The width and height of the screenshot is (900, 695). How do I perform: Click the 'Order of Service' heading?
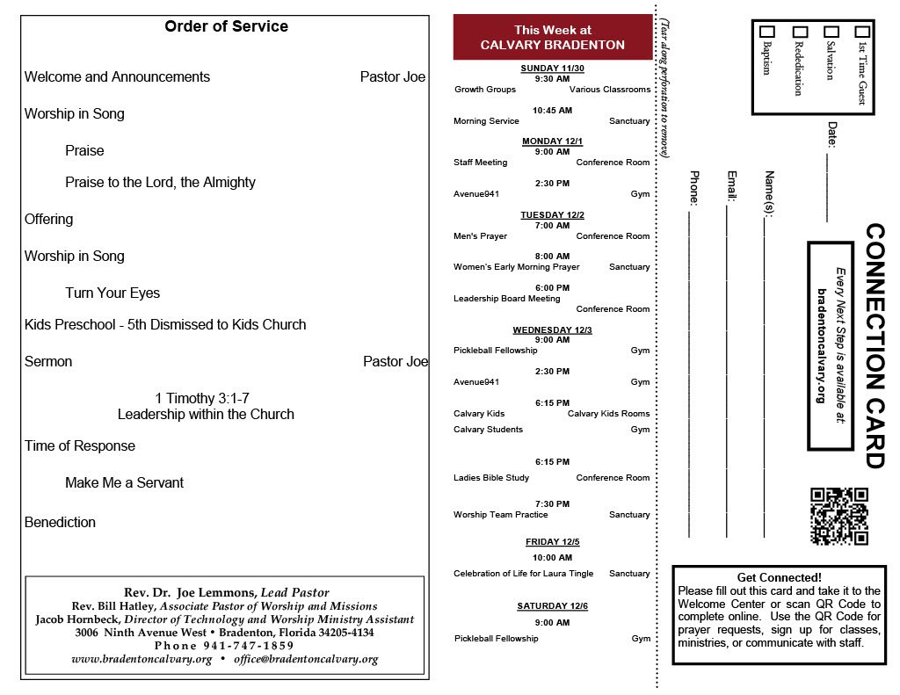pos(226,26)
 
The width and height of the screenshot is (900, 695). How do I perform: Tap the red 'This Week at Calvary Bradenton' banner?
pos(553,38)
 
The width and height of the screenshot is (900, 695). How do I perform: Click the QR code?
pos(839,516)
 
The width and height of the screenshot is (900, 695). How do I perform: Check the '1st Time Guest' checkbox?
pos(862,32)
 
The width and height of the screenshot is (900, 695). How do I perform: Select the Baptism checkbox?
pos(766,32)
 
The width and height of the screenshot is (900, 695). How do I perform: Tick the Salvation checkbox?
pos(831,32)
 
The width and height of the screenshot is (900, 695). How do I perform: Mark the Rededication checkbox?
pos(799,32)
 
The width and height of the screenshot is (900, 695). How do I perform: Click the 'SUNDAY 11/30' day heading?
pos(552,68)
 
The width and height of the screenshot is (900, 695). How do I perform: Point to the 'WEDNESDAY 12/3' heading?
pos(552,330)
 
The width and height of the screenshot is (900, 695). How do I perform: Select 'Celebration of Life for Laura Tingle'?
pos(523,574)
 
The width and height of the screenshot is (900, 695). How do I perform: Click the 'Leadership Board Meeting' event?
pos(506,299)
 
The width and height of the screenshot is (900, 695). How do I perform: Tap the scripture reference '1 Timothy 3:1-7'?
pos(207,398)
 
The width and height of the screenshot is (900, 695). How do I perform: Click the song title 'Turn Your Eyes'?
pos(112,293)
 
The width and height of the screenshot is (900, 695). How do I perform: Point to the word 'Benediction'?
pos(60,522)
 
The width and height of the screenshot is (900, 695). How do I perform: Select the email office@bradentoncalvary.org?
pos(306,659)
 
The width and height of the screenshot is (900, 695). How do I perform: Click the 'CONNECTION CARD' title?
pos(875,345)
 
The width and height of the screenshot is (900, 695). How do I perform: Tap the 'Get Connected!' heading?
pos(779,577)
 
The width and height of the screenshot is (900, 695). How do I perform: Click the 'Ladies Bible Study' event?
pos(491,478)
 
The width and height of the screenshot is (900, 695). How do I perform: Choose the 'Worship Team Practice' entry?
pos(500,515)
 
